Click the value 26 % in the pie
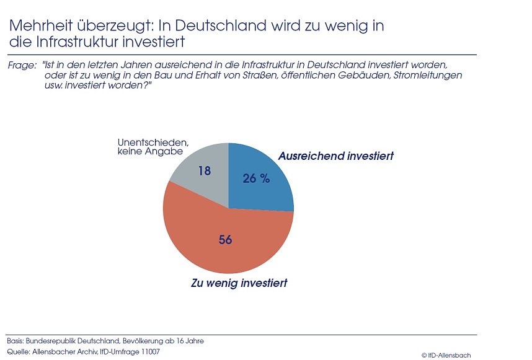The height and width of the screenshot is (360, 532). [257, 178]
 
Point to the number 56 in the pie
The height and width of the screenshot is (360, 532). [225, 239]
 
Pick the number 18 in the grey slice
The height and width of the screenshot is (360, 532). [205, 170]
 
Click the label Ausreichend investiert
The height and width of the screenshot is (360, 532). [335, 156]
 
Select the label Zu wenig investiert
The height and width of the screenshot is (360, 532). [239, 283]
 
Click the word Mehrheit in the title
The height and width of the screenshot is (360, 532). [37, 27]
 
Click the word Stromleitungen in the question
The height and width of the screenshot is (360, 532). [426, 75]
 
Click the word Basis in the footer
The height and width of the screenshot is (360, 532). [16, 341]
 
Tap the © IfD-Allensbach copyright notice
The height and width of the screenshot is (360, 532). [446, 355]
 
